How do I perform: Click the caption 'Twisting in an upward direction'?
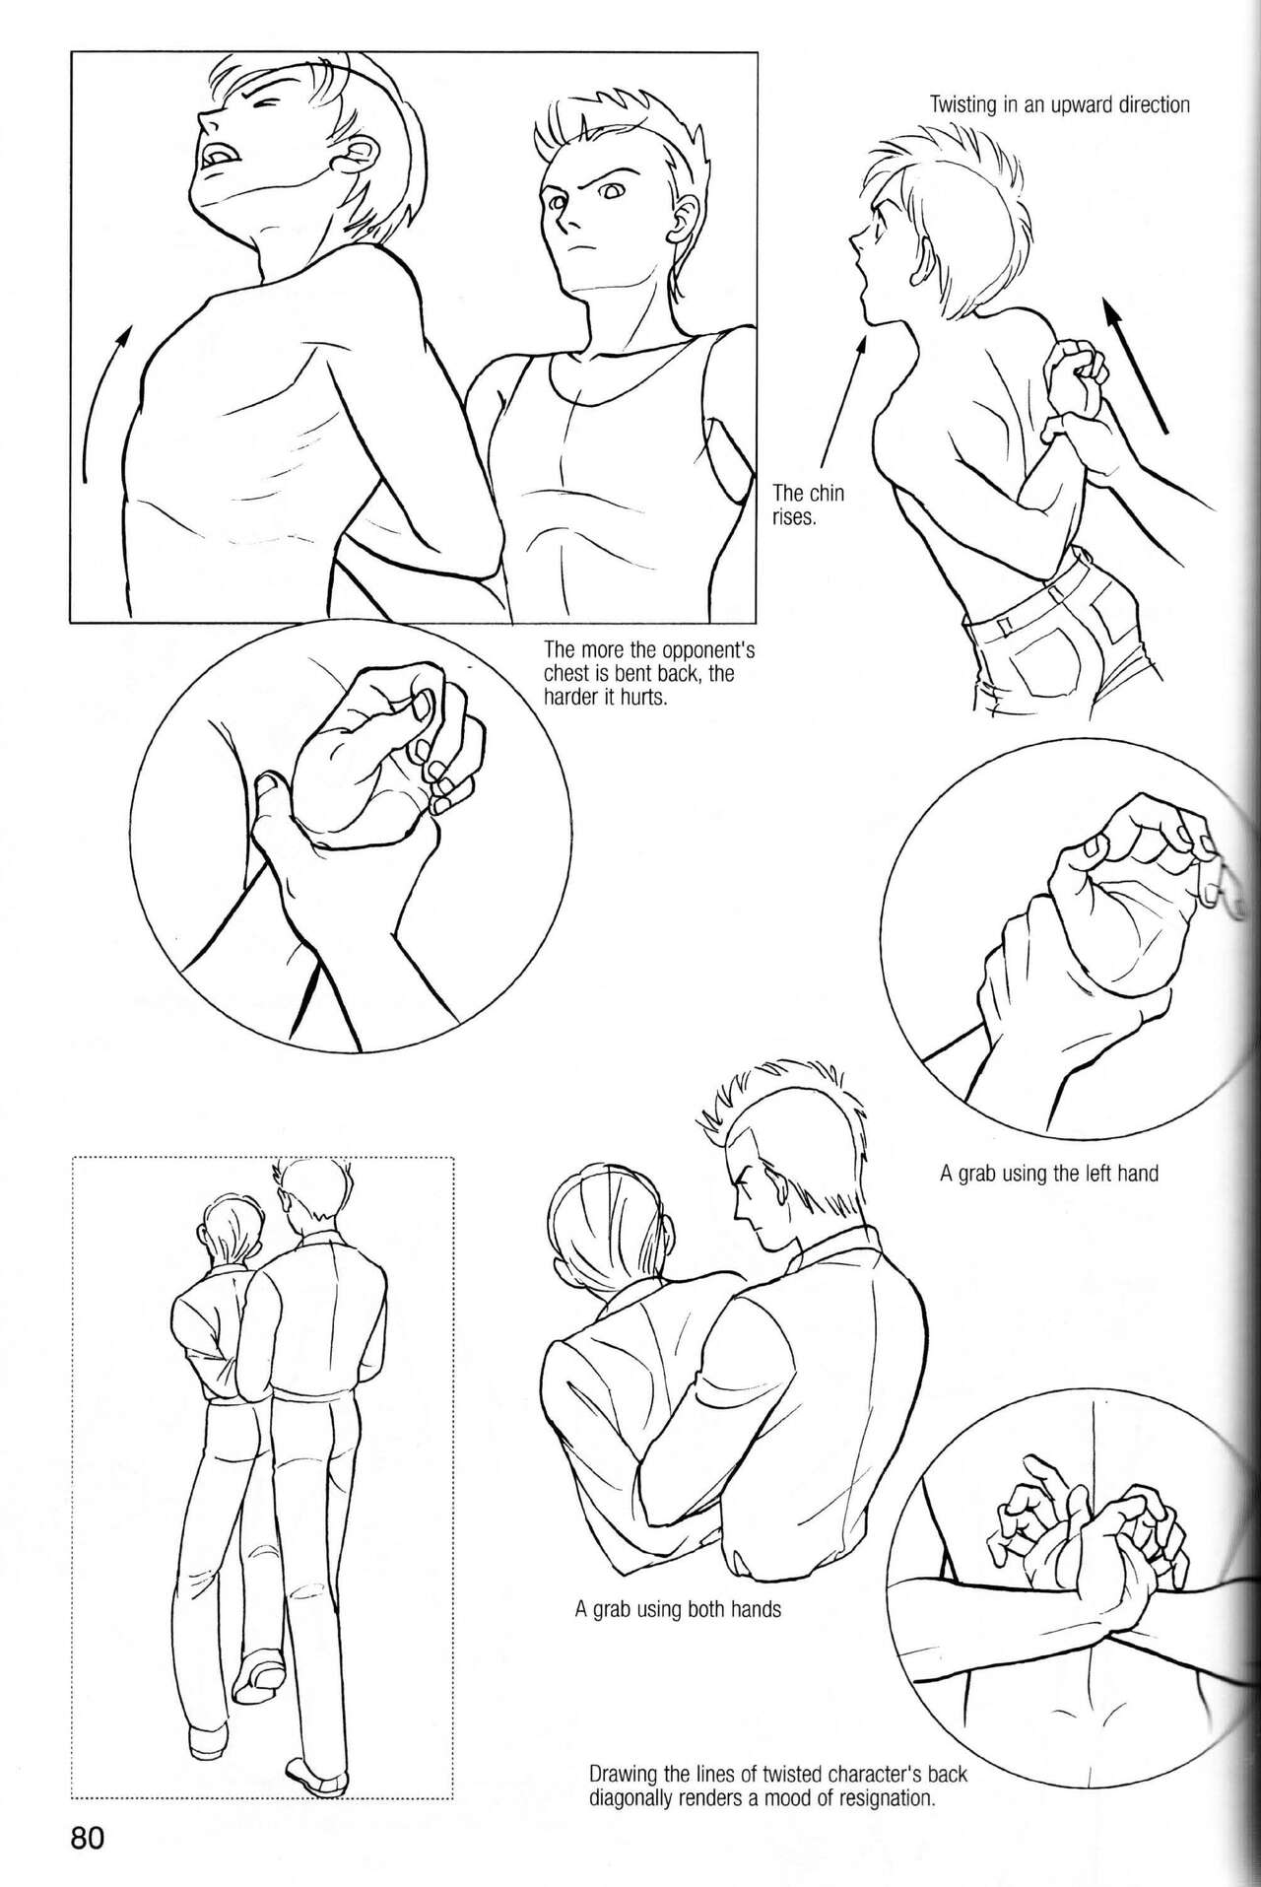click(x=1060, y=104)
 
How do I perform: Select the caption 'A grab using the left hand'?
click(x=1049, y=1174)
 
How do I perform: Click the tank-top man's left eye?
click(x=609, y=193)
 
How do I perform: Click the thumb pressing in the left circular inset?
click(x=268, y=789)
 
